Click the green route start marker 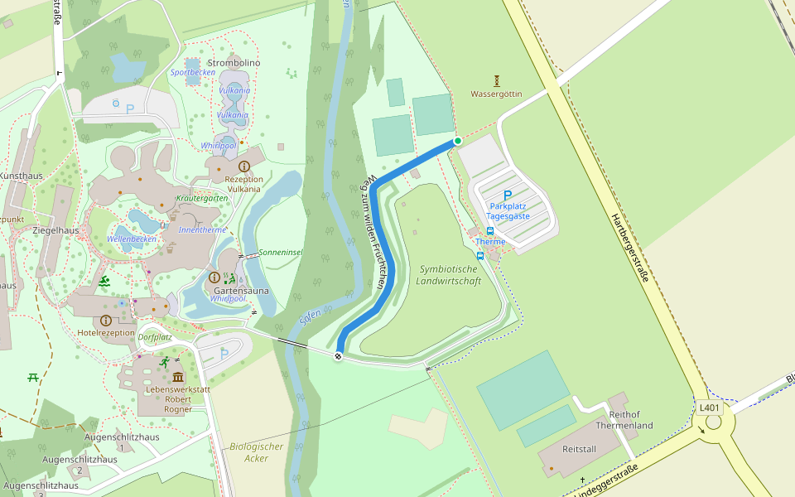pyautogui.click(x=457, y=141)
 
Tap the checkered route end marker pyautogui.click(x=339, y=356)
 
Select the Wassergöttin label pyautogui.click(x=497, y=94)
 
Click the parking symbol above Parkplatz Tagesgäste pyautogui.click(x=508, y=195)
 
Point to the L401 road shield pyautogui.click(x=710, y=408)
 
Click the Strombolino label pyautogui.click(x=234, y=63)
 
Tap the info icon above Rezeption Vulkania pyautogui.click(x=243, y=166)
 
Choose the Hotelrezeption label pyautogui.click(x=106, y=332)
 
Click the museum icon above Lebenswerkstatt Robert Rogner pyautogui.click(x=178, y=377)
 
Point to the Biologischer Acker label pyautogui.click(x=257, y=452)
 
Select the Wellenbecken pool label pyautogui.click(x=132, y=239)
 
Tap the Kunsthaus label pyautogui.click(x=20, y=176)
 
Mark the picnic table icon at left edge pyautogui.click(x=33, y=378)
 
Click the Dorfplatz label pyautogui.click(x=155, y=337)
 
